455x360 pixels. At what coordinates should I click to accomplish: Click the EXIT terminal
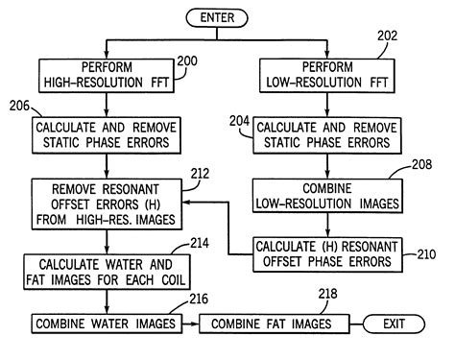pyautogui.click(x=393, y=324)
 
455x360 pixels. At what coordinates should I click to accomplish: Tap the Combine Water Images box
pyautogui.click(x=106, y=324)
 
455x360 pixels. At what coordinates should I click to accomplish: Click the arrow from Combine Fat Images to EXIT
pyautogui.click(x=344, y=324)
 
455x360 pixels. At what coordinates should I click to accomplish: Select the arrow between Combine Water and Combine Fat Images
pyautogui.click(x=188, y=324)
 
